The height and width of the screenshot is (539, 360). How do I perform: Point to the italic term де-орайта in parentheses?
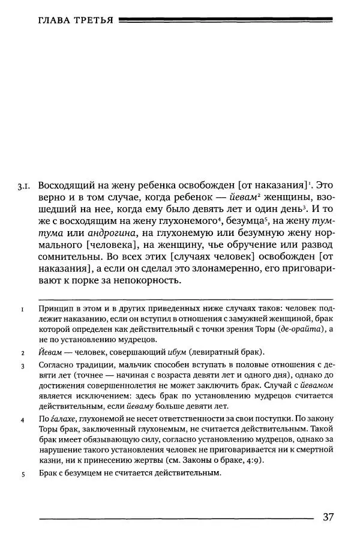coord(294,330)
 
